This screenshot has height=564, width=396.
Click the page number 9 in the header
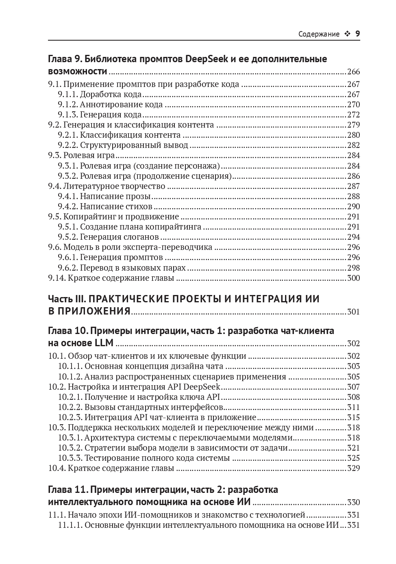coord(357,34)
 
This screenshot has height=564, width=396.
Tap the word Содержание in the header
coord(319,34)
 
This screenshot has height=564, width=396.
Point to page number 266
coord(353,72)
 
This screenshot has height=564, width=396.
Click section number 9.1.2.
coord(67,104)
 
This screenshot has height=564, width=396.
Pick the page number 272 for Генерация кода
coord(353,115)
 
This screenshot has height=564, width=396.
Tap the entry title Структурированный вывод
coord(134,145)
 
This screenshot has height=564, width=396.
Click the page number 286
coord(353,176)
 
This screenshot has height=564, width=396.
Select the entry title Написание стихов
coord(116,206)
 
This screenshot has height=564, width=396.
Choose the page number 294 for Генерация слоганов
coord(353,237)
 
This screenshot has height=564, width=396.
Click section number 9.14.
coord(56,278)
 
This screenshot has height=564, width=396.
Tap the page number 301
coord(353,312)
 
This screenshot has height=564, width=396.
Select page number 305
coord(353,377)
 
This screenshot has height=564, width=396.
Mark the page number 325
coord(353,458)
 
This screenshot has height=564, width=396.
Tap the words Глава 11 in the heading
coord(66,489)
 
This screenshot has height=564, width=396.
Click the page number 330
coord(353,502)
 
